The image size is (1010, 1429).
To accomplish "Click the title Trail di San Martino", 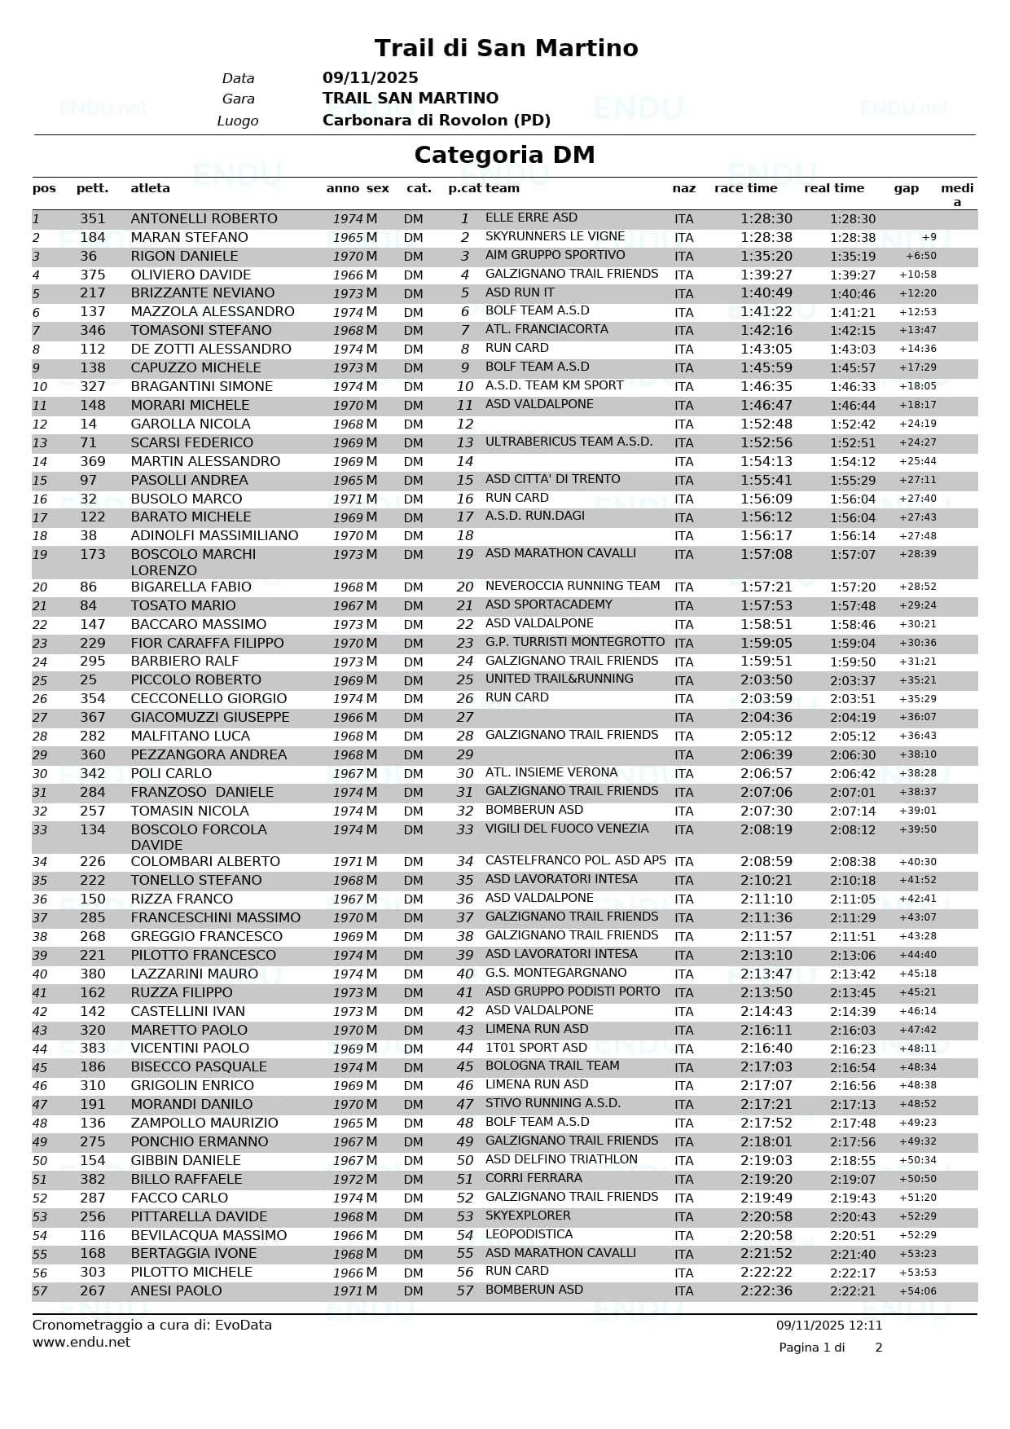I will (x=506, y=48).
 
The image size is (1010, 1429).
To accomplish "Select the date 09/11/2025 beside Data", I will (x=370, y=78).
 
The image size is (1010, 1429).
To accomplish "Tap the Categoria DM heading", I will (x=504, y=155).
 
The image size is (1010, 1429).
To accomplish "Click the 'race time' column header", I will (x=745, y=188).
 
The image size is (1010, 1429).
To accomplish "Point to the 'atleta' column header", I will (x=150, y=188).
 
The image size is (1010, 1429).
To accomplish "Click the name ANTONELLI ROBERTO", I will (x=204, y=218).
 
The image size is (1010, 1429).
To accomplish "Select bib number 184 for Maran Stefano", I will (x=93, y=237).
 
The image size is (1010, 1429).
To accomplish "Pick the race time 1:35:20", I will (x=766, y=256).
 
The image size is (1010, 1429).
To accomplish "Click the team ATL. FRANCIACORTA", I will (x=547, y=329).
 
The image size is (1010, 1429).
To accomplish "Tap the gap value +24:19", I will (x=917, y=424).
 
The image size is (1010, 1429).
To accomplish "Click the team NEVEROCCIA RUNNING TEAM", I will (x=573, y=586).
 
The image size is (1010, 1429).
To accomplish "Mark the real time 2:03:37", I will (x=853, y=680).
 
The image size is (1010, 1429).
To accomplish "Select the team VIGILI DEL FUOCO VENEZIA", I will (x=567, y=829).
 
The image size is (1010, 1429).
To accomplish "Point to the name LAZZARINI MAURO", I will (x=194, y=974).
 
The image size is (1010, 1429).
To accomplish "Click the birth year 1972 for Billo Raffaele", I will (x=348, y=1179).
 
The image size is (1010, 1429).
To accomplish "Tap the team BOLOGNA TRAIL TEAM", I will (x=552, y=1066).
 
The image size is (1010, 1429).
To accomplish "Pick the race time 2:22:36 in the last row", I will (x=766, y=1290).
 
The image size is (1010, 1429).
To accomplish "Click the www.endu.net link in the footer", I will (x=81, y=1342).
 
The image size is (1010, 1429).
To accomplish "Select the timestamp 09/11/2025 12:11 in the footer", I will (x=828, y=1326).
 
